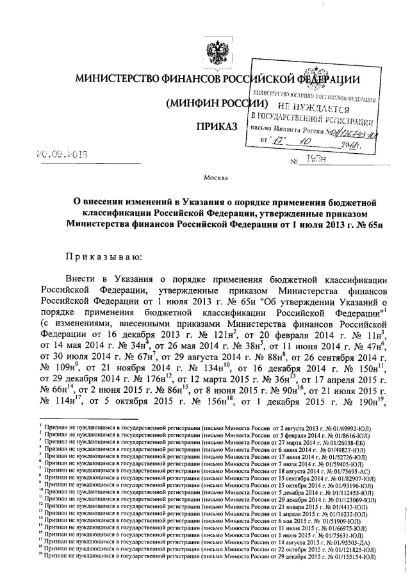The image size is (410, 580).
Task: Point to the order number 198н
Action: pyautogui.click(x=313, y=160)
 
